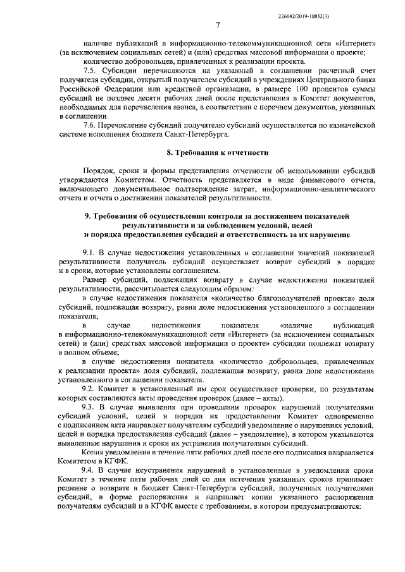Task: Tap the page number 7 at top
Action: click(217, 25)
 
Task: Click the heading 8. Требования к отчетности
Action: click(217, 153)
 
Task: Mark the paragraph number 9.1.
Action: click(92, 253)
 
